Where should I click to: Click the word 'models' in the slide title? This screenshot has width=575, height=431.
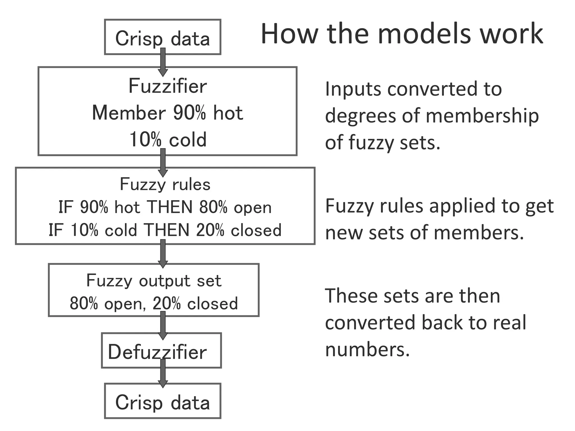[x=424, y=34]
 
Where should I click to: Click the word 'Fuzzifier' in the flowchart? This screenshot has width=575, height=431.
[x=168, y=86]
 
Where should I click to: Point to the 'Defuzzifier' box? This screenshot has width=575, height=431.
[x=161, y=351]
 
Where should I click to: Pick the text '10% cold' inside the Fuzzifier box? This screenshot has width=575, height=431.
[x=168, y=139]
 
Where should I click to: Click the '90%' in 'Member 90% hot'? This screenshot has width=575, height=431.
[x=190, y=113]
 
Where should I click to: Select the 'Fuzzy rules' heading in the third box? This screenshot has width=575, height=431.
[x=165, y=184]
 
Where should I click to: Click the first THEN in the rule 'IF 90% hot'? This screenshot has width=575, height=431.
[x=170, y=207]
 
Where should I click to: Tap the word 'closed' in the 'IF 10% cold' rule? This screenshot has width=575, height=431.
[x=256, y=230]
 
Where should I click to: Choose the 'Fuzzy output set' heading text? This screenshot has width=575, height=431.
[x=154, y=280]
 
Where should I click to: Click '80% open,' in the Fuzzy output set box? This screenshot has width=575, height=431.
[x=108, y=303]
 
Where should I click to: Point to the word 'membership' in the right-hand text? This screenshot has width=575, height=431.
[x=482, y=116]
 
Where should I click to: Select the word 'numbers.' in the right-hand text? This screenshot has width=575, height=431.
[x=368, y=350]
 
